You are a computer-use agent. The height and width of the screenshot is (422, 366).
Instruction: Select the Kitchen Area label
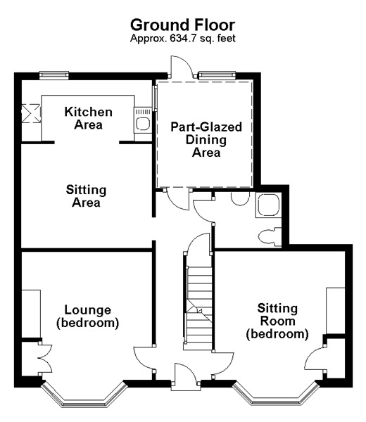[x=88, y=118]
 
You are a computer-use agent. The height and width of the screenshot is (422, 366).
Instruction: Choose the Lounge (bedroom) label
[x=87, y=316]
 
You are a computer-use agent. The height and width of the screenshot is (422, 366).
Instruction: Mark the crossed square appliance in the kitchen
[x=31, y=113]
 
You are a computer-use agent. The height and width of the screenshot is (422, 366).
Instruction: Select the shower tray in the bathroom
[x=268, y=205]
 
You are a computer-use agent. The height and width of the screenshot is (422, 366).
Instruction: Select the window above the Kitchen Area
[x=53, y=75]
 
